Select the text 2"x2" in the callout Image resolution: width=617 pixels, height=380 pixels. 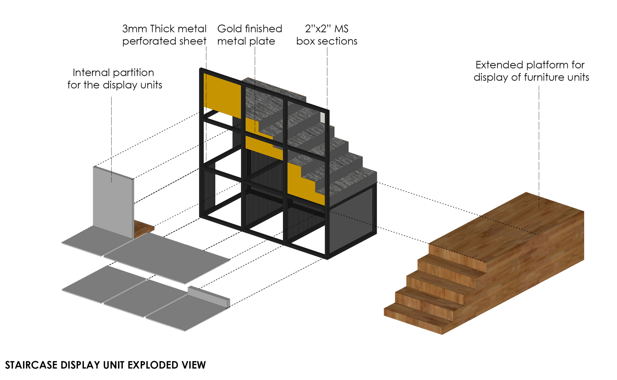(x=318, y=29)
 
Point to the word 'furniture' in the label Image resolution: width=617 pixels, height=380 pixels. (x=545, y=77)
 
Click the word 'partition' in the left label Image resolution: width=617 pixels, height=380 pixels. (x=133, y=73)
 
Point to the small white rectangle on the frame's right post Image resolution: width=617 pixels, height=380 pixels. (x=322, y=117)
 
